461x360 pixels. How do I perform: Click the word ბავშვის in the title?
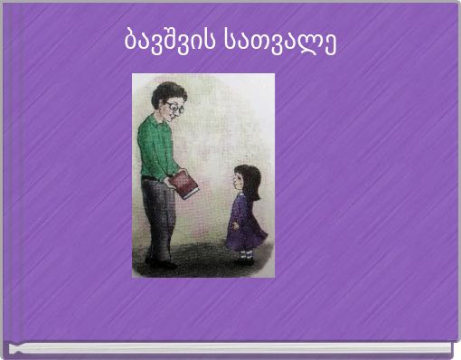(168, 42)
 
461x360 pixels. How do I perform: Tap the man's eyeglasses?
(174, 107)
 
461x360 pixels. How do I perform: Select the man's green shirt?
(156, 145)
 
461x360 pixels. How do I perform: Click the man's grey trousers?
(159, 217)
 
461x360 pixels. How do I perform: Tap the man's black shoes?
(161, 263)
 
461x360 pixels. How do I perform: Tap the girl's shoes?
(244, 260)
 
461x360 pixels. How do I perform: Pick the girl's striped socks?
(244, 253)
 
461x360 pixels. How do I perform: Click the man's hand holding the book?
(171, 181)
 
